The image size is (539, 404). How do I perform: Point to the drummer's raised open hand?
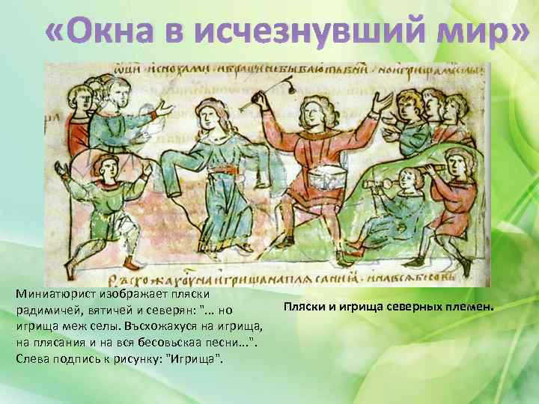click(x=383, y=101)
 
